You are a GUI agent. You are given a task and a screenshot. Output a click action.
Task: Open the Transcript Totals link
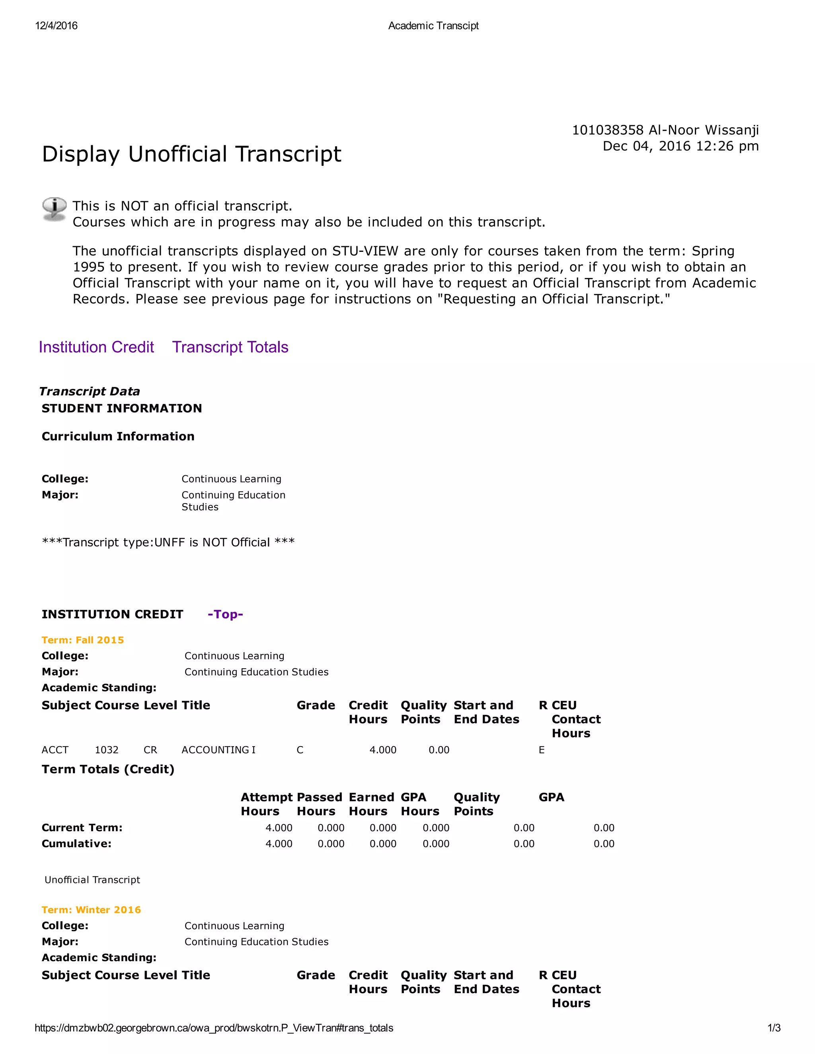(230, 348)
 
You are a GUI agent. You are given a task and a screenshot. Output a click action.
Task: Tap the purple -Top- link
(225, 615)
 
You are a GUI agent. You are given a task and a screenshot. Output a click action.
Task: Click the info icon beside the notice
(54, 210)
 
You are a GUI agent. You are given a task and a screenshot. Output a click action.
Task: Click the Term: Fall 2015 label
(82, 640)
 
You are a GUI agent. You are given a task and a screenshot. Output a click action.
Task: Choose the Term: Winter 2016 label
(91, 910)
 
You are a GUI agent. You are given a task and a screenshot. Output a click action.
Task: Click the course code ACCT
(55, 750)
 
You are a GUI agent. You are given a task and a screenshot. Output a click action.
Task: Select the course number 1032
(107, 750)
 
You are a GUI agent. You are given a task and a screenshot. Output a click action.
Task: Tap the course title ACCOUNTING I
(218, 750)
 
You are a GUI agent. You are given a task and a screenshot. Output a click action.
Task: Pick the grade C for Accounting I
(300, 750)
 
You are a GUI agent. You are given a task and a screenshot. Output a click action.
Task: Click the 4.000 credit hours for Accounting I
(383, 750)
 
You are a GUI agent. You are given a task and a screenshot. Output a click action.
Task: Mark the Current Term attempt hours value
(279, 828)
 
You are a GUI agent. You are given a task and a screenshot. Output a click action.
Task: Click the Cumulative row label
(76, 844)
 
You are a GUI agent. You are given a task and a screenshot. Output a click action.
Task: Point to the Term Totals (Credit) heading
(108, 769)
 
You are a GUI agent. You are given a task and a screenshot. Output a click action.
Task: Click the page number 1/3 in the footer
(774, 1028)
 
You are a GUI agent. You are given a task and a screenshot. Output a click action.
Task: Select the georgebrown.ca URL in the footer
(213, 1028)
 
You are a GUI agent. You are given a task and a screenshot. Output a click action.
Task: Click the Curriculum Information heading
(118, 436)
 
